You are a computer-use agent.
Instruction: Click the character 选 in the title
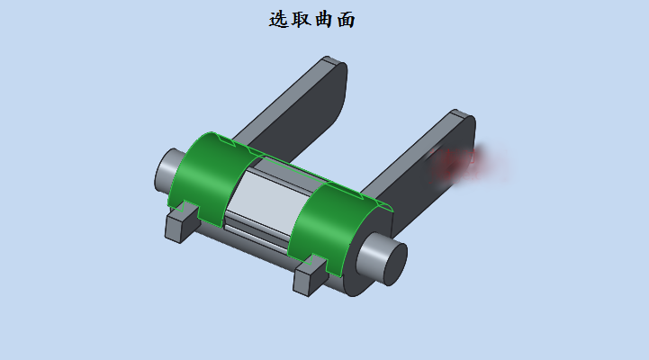pyautogui.click(x=278, y=19)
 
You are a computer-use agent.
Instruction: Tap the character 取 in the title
pyautogui.click(x=301, y=19)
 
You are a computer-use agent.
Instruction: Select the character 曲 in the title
pyautogui.click(x=323, y=19)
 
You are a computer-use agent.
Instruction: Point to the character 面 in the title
pyautogui.click(x=346, y=19)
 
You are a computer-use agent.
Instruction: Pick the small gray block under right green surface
pyautogui.click(x=309, y=274)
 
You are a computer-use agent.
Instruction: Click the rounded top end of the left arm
pyautogui.click(x=334, y=67)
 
